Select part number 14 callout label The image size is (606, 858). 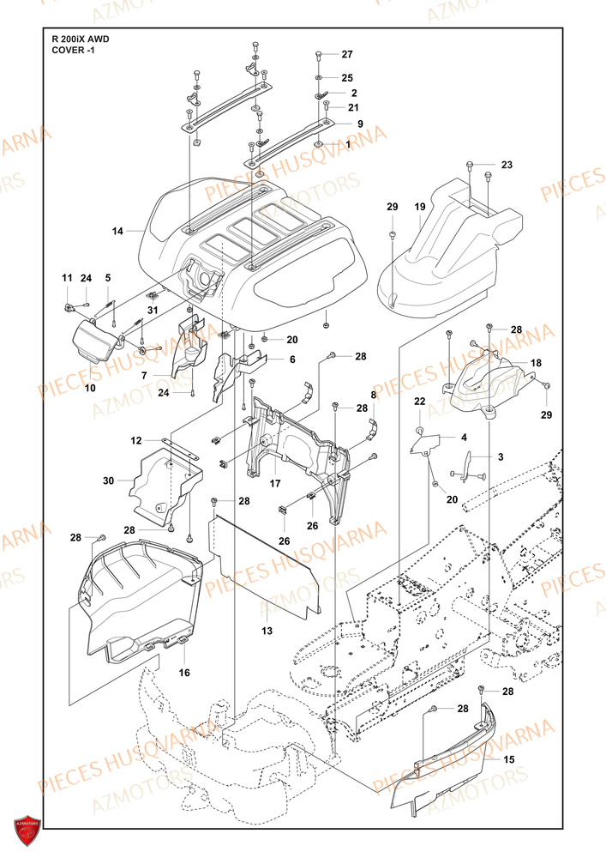coord(118,231)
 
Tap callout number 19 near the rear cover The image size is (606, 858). coord(420,208)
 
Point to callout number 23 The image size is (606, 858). coord(506,165)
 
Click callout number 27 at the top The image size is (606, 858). coord(347,54)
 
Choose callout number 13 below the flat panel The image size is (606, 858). coord(267,631)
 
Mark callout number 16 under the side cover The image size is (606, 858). coord(184,674)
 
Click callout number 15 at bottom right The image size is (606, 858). coord(508,758)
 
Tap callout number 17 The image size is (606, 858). coord(275,483)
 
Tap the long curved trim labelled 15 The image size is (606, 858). coord(446,755)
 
